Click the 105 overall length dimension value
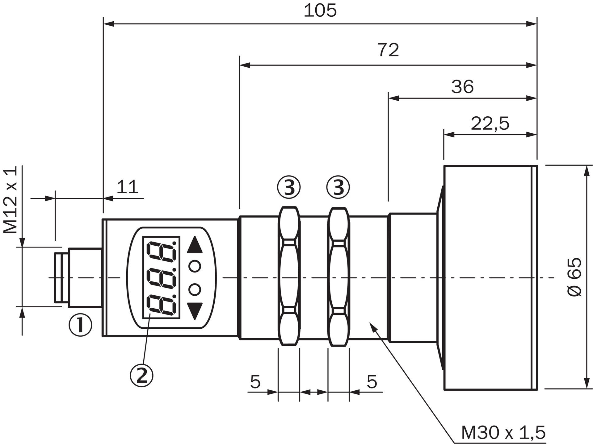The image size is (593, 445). click(320, 10)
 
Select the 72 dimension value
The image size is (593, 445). click(388, 50)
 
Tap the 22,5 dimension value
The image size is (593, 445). click(490, 123)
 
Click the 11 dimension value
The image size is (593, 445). click(128, 187)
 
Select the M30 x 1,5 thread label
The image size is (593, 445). click(503, 432)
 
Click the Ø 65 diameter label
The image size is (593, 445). click(575, 277)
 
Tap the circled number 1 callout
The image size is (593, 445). click(80, 325)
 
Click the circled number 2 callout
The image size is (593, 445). click(142, 375)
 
